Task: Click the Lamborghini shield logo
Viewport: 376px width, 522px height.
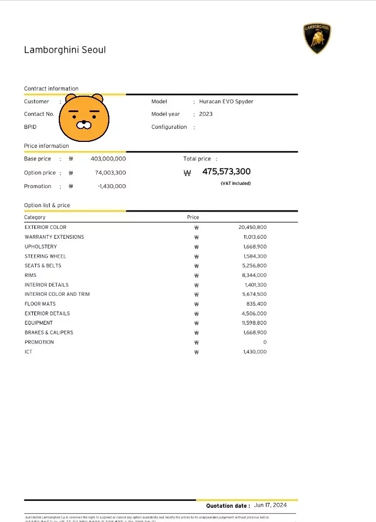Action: (x=317, y=39)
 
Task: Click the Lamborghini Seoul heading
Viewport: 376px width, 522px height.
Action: (x=65, y=50)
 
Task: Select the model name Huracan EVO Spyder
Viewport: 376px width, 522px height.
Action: (x=226, y=102)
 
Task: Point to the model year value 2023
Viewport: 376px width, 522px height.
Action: (x=206, y=114)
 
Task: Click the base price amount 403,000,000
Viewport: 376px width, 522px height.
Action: (x=108, y=159)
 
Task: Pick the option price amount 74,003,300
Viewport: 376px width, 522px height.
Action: (x=110, y=172)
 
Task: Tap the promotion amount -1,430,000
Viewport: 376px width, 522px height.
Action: (x=112, y=186)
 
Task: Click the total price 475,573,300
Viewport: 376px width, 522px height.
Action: (x=226, y=172)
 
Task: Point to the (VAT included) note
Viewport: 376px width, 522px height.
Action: (x=236, y=184)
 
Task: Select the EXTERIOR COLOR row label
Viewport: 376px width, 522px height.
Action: (x=45, y=227)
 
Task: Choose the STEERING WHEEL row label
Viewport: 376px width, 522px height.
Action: (x=45, y=256)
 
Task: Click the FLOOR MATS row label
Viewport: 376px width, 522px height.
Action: (x=40, y=304)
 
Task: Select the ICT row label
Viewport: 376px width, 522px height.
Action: (x=28, y=352)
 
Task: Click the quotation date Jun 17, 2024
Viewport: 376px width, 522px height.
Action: (x=270, y=506)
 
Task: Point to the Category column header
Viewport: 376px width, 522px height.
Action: (x=35, y=217)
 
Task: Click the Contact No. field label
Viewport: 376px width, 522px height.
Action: (x=39, y=114)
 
